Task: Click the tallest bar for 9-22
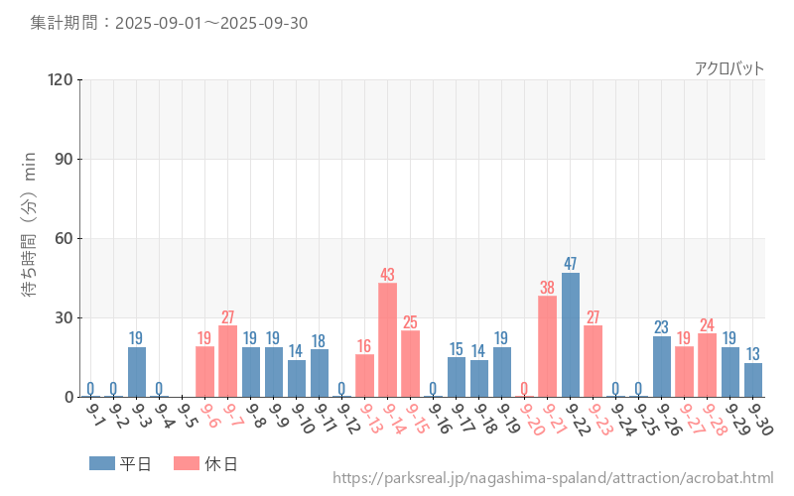tap(571, 334)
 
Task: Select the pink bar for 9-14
tap(387, 339)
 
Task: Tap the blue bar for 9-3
tap(137, 372)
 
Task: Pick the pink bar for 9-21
tap(547, 346)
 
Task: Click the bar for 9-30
tap(753, 380)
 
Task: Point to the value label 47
tap(571, 264)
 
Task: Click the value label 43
tap(387, 275)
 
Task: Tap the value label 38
tap(547, 288)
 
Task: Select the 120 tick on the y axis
tap(61, 79)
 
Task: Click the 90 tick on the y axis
tap(65, 159)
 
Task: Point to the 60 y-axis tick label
tap(65, 238)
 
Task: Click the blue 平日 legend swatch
tap(101, 463)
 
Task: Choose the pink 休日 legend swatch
tap(186, 463)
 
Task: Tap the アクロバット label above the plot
tap(729, 68)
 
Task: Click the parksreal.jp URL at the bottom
tap(553, 478)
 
